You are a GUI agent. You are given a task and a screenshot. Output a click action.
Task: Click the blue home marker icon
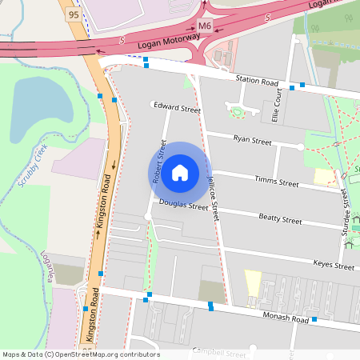click(180, 173)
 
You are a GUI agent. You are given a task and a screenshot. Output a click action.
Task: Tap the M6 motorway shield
click(206, 26)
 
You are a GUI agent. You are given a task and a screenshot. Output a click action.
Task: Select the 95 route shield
click(74, 14)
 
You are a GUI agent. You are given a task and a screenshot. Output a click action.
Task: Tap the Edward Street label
click(176, 107)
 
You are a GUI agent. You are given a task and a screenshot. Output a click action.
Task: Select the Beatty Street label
click(280, 218)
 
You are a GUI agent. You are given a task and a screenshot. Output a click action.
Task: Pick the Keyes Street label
click(333, 265)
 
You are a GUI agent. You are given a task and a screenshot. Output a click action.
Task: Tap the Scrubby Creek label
click(33, 165)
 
